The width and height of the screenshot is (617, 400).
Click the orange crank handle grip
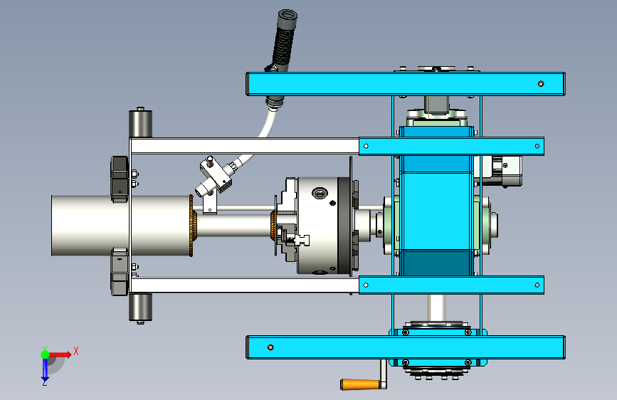point(359,384)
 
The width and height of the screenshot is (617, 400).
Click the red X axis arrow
point(59,354)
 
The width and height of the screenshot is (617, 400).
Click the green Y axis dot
point(45,354)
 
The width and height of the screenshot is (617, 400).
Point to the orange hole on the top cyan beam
point(541,84)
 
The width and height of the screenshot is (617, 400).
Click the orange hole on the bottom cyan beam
point(270,347)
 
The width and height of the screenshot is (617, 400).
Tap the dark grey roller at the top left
point(140,124)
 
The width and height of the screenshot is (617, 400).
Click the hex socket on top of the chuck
point(320,194)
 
